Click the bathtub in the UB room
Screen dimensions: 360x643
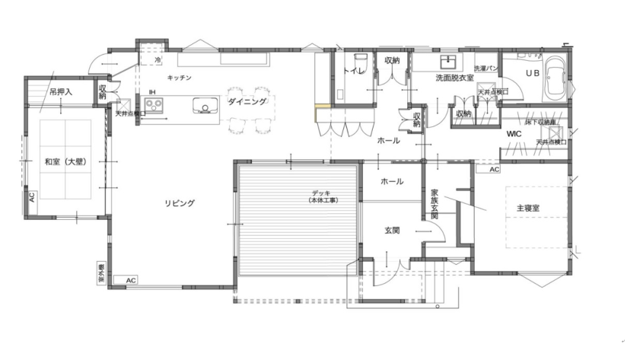(x=552, y=77)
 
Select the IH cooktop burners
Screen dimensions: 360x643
(x=156, y=105)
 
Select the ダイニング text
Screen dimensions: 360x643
(x=247, y=101)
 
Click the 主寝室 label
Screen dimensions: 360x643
(x=528, y=207)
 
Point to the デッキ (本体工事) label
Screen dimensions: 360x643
(x=323, y=196)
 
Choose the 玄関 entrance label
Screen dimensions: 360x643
(x=392, y=230)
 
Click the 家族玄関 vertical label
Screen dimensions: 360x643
(x=435, y=204)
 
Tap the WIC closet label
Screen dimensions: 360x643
(x=514, y=133)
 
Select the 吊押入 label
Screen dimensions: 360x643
(x=61, y=92)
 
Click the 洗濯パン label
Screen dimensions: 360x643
(x=485, y=68)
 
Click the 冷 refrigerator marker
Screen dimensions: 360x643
(x=158, y=59)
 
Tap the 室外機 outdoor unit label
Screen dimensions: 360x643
(x=100, y=272)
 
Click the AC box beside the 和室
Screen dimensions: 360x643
(x=31, y=196)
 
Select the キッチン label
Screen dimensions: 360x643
(x=180, y=78)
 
